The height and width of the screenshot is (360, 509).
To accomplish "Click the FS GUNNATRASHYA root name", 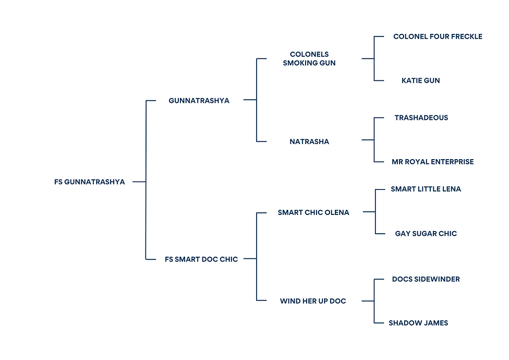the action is pyautogui.click(x=89, y=182).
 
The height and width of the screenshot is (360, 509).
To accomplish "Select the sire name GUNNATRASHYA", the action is pyautogui.click(x=199, y=101).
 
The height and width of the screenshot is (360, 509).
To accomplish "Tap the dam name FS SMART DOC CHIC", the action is pyautogui.click(x=201, y=259).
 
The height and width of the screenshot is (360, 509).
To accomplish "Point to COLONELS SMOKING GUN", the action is pyautogui.click(x=309, y=59).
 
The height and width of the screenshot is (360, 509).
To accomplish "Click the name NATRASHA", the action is pyautogui.click(x=309, y=141).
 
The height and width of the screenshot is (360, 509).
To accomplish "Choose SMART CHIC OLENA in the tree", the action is pyautogui.click(x=313, y=213).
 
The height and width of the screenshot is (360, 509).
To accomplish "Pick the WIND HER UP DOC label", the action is pyautogui.click(x=313, y=301).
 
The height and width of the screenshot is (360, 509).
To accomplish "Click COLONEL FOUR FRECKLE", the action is pyautogui.click(x=438, y=37).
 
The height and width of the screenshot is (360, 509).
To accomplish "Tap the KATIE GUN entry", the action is pyautogui.click(x=421, y=80).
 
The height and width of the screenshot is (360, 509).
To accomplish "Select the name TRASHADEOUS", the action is pyautogui.click(x=421, y=118).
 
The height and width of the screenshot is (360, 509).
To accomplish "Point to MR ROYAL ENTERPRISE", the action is pyautogui.click(x=433, y=162).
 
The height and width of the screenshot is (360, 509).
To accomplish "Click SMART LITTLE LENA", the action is pyautogui.click(x=426, y=189).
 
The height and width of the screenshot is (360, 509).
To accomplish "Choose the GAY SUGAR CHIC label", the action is pyautogui.click(x=426, y=234).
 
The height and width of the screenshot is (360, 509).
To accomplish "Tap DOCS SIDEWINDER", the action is pyautogui.click(x=426, y=279).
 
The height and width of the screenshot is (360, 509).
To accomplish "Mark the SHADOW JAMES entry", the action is pyautogui.click(x=418, y=323).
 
